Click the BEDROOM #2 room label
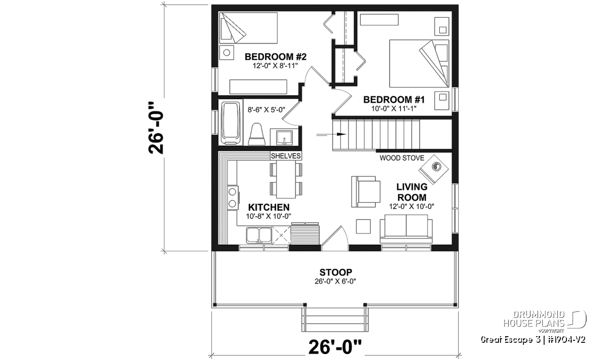click(x=276, y=57)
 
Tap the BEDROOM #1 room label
click(x=394, y=100)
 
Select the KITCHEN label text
click(x=269, y=207)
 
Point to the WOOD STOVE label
click(x=402, y=158)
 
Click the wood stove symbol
click(x=434, y=170)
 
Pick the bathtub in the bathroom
click(x=231, y=123)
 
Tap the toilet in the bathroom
click(x=256, y=134)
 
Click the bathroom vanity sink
click(x=284, y=138)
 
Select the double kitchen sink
click(x=259, y=235)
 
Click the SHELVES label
click(x=286, y=156)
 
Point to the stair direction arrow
click(x=331, y=134)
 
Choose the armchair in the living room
click(x=366, y=192)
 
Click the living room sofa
click(x=406, y=229)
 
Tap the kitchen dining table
click(x=286, y=180)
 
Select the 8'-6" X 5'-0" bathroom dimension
click(x=267, y=110)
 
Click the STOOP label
click(x=335, y=272)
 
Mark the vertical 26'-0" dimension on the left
click(x=156, y=128)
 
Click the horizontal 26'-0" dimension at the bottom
click(x=335, y=347)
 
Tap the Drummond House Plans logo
click(x=545, y=322)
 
